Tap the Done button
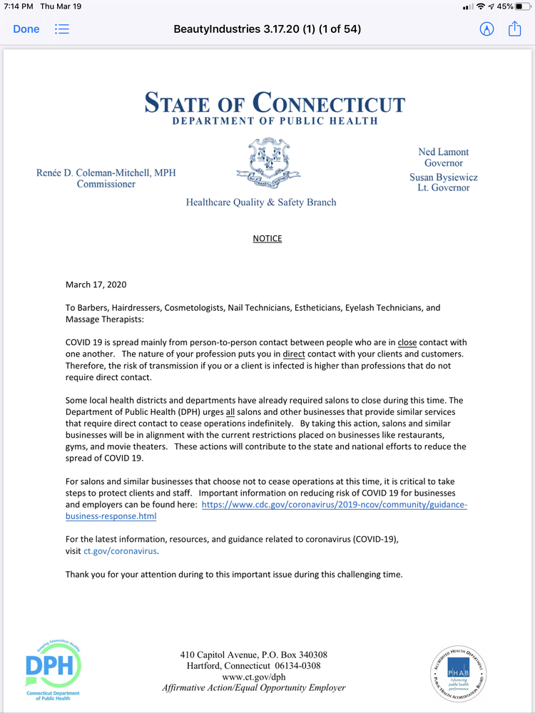click(26, 29)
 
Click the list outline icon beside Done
click(62, 29)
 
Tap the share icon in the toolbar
click(514, 29)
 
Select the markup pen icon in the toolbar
click(487, 29)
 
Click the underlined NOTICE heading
click(267, 238)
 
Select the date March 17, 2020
click(96, 284)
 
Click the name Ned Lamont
click(443, 152)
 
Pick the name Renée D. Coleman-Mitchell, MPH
click(106, 173)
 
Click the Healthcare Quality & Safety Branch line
click(261, 202)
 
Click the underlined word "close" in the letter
click(407, 342)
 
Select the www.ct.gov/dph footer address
click(253, 677)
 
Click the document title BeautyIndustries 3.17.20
click(267, 29)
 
